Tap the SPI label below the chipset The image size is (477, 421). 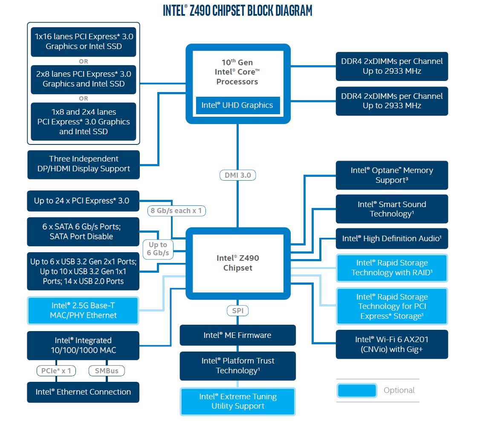(x=238, y=311)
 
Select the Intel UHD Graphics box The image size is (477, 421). (x=237, y=105)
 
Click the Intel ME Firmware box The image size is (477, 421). (x=237, y=335)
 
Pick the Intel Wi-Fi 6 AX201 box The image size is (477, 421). (x=392, y=344)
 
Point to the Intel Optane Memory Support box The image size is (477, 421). (x=392, y=175)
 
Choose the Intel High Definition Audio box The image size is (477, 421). (x=392, y=239)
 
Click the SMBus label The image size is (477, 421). (x=107, y=371)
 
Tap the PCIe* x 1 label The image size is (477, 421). (x=56, y=371)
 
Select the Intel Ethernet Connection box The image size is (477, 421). (x=83, y=392)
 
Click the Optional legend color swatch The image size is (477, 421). (x=357, y=390)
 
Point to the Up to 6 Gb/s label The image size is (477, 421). (x=158, y=249)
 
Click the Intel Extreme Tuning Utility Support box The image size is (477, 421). (x=238, y=401)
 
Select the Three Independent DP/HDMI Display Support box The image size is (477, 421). (x=83, y=164)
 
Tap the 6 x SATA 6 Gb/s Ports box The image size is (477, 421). (x=83, y=231)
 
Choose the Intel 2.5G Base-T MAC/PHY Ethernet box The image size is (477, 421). (x=83, y=310)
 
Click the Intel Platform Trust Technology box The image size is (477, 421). (x=237, y=366)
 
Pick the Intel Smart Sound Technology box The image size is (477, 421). (x=392, y=209)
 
